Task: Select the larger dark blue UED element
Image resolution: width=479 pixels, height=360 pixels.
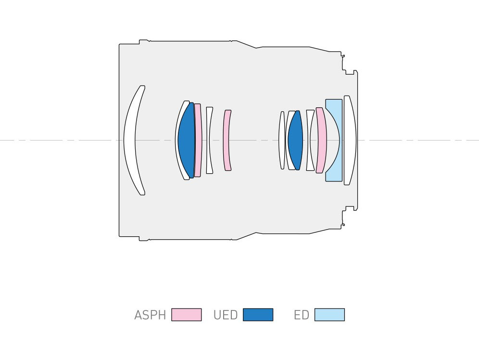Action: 186,140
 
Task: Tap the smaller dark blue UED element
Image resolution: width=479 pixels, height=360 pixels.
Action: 295,140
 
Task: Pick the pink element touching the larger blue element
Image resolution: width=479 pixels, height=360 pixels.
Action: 198,140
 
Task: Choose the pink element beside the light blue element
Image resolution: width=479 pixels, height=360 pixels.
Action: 321,140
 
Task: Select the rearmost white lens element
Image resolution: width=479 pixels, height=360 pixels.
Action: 350,140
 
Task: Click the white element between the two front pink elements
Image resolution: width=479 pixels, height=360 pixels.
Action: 209,140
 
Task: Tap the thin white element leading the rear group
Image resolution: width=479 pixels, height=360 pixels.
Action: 282,140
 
